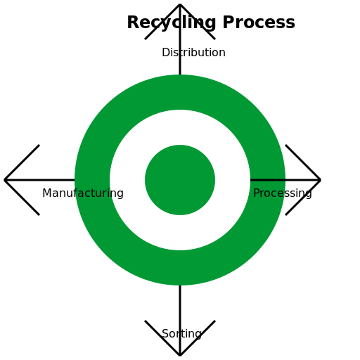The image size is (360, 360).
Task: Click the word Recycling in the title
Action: (x=172, y=23)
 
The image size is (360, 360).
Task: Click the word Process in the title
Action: (x=259, y=22)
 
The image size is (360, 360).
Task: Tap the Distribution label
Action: (x=193, y=52)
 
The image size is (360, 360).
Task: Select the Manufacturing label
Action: (x=83, y=193)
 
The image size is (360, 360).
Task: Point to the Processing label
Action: (x=283, y=193)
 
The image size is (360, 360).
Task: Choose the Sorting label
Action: (x=181, y=334)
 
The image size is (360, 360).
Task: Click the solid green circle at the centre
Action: (x=180, y=180)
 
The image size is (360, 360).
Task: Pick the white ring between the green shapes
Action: (x=180, y=127)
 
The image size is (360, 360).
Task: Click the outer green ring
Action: (x=180, y=92)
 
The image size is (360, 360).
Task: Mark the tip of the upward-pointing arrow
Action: (x=180, y=4)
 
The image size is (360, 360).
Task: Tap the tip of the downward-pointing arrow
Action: (x=180, y=356)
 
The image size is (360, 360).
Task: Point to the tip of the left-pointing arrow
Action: (x=4, y=180)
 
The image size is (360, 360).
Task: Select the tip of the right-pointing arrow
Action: (x=321, y=180)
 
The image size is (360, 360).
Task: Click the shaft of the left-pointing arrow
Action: (x=39, y=180)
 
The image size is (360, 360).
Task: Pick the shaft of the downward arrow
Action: (x=180, y=321)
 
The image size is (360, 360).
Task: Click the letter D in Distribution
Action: (x=166, y=52)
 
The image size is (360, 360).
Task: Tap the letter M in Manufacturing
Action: (x=46, y=193)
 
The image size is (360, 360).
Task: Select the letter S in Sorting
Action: (x=165, y=334)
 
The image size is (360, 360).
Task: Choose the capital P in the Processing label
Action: (x=257, y=193)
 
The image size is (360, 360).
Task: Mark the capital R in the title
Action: (x=134, y=22)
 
